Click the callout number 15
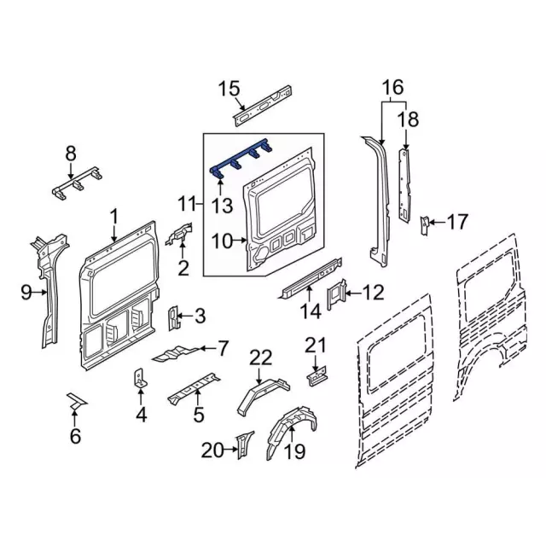(229, 88)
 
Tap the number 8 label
(70, 154)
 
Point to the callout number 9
(26, 293)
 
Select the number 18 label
(409, 119)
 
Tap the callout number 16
(392, 87)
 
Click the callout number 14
(310, 313)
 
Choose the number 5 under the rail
(198, 416)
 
